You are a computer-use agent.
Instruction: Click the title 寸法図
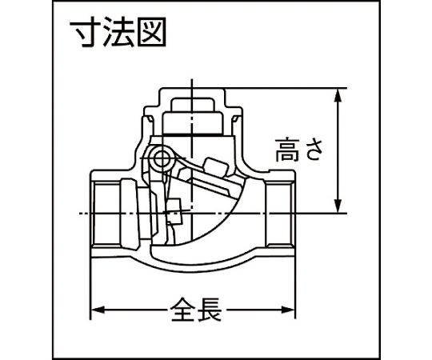[118, 32]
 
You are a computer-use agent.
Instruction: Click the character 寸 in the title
[86, 32]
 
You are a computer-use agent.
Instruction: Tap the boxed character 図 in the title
[152, 32]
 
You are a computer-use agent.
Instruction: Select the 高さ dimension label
[299, 150]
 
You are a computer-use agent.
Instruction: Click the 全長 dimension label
[196, 310]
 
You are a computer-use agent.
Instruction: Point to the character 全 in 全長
[183, 310]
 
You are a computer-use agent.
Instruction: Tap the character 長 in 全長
[210, 310]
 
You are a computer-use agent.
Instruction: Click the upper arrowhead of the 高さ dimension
[338, 95]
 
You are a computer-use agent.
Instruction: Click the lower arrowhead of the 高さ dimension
[338, 206]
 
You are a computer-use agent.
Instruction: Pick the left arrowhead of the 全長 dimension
[98, 310]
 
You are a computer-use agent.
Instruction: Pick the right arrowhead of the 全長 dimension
[288, 310]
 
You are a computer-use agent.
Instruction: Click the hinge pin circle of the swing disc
[162, 158]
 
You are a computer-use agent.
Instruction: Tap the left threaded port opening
[106, 213]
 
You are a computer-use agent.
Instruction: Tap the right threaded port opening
[279, 213]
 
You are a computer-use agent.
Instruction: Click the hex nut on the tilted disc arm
[215, 166]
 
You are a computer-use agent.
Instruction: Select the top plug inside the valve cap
[193, 105]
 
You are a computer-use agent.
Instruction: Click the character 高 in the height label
[287, 150]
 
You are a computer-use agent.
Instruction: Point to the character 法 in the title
[119, 32]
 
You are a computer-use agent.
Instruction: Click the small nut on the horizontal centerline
[174, 211]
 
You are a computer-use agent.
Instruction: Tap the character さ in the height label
[313, 150]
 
